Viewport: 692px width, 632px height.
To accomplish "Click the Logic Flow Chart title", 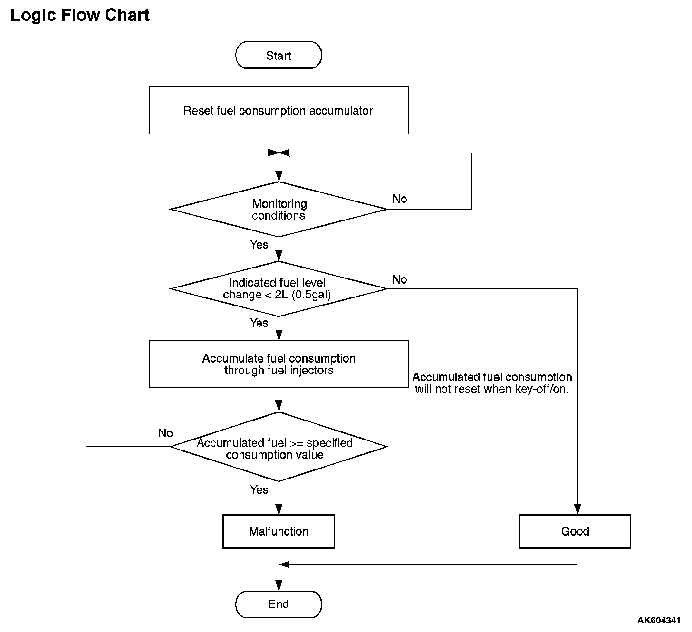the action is pyautogui.click(x=80, y=15).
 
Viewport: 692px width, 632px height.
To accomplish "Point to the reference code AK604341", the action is pyautogui.click(x=659, y=620).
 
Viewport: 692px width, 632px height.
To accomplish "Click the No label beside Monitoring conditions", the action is pyautogui.click(x=400, y=199).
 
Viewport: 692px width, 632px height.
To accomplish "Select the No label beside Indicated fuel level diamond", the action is pyautogui.click(x=400, y=279).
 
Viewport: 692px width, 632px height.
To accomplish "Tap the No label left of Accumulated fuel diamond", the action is pyautogui.click(x=165, y=433).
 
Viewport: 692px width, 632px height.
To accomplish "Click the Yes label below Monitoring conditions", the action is pyautogui.click(x=259, y=245).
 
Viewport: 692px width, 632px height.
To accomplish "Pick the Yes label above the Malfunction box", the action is pyautogui.click(x=259, y=490).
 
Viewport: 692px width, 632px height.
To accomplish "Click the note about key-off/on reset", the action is pyautogui.click(x=492, y=383).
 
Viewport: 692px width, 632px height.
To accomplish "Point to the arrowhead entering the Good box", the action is pyautogui.click(x=577, y=509).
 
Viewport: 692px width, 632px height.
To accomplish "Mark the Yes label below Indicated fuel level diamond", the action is pyautogui.click(x=259, y=323).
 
